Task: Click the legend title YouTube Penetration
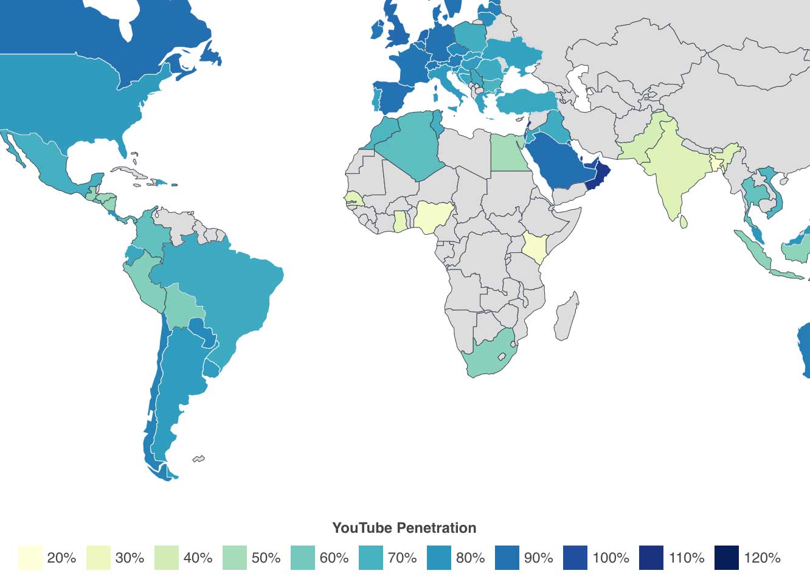pyautogui.click(x=404, y=528)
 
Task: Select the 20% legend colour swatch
pyautogui.click(x=30, y=558)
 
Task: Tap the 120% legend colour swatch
pyautogui.click(x=727, y=558)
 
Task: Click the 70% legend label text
pyautogui.click(x=402, y=558)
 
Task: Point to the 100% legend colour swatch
pyautogui.click(x=575, y=558)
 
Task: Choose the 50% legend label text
pyautogui.click(x=266, y=558)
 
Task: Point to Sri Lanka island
pyautogui.click(x=684, y=222)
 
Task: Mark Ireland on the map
pyautogui.click(x=377, y=30)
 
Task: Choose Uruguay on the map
pyautogui.click(x=211, y=369)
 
